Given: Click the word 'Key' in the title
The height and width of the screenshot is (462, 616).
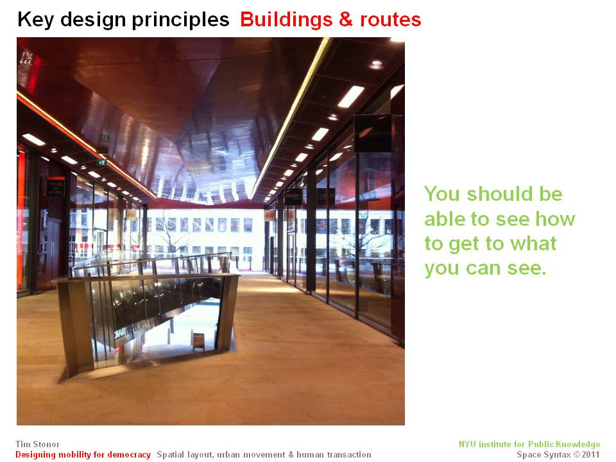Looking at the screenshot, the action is tap(36, 20).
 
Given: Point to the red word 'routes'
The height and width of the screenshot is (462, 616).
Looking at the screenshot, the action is tap(391, 20).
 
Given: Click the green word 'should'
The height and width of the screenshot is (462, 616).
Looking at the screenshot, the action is tap(497, 194).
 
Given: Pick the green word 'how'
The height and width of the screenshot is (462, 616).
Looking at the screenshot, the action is tap(555, 218).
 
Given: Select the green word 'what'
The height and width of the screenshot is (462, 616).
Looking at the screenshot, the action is tap(533, 243).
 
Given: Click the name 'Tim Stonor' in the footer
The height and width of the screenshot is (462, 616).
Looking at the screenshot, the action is tap(38, 444).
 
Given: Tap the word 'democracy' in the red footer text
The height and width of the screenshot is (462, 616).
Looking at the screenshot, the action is tap(129, 454).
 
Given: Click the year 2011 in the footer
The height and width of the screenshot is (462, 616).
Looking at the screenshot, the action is tap(591, 454).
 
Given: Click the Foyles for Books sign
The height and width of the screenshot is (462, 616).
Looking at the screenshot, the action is tap(55, 188).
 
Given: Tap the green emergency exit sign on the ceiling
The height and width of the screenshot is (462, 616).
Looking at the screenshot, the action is tap(102, 162).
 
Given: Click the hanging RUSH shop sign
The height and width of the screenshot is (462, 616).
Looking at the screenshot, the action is tap(293, 196).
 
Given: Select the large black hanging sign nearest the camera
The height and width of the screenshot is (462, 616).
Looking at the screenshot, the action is tap(372, 133).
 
